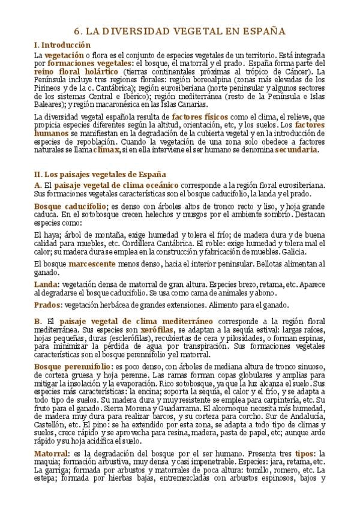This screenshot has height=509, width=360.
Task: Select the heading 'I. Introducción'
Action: [x=62, y=45]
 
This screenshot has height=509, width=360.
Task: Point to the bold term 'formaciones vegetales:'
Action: [x=91, y=63]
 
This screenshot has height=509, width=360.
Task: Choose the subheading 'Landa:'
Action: [x=47, y=283]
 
